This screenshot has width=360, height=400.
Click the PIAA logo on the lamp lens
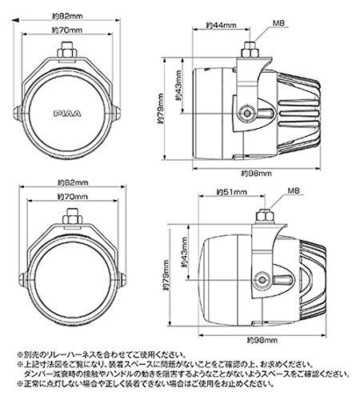tap(68, 105)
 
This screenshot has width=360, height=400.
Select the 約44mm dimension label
tap(222, 25)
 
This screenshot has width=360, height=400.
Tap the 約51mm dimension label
tap(231, 193)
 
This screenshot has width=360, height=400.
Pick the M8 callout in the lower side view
tap(296, 193)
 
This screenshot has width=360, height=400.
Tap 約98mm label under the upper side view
tap(254, 174)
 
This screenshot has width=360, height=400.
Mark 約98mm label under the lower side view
tap(254, 339)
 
